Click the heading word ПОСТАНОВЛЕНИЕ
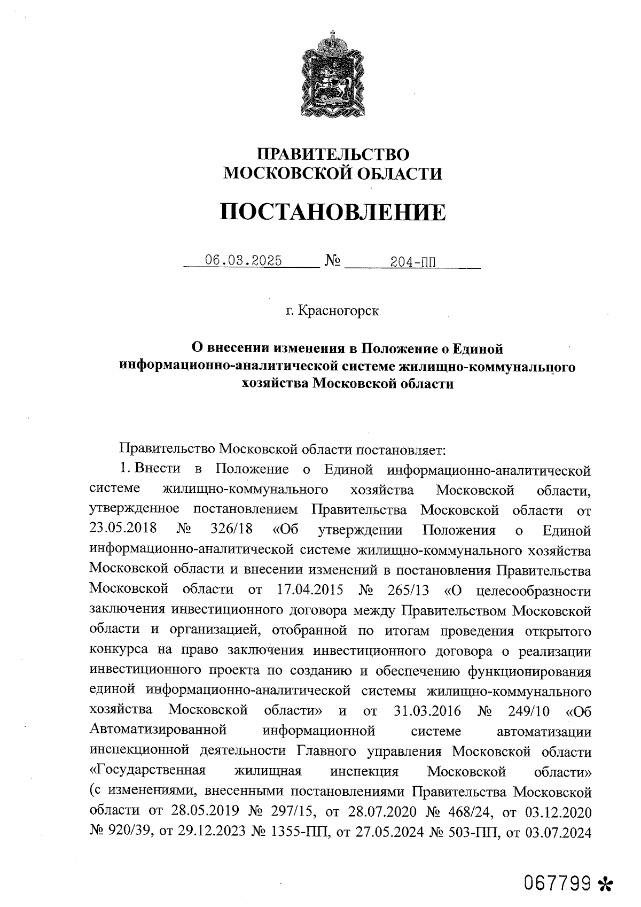tap(332, 212)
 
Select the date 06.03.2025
tap(244, 261)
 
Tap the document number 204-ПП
tap(413, 262)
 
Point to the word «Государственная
tap(148, 771)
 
